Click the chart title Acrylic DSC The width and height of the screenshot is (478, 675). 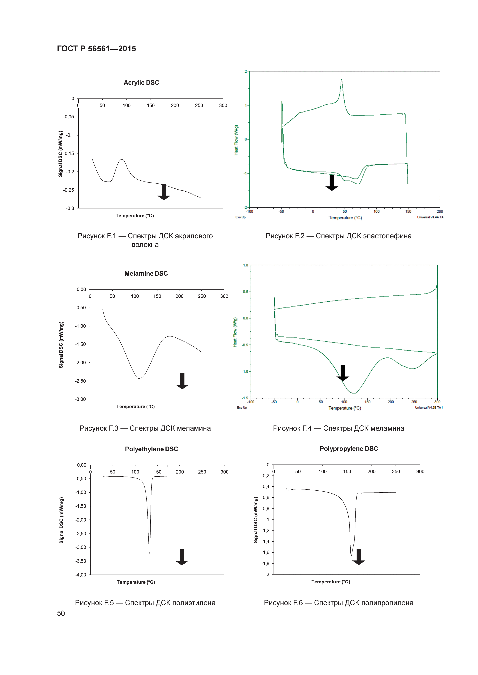coord(141,83)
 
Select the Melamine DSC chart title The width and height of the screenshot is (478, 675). coord(146,274)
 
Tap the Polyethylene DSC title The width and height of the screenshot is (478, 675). coord(151,449)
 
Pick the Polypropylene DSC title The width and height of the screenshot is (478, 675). coord(349,449)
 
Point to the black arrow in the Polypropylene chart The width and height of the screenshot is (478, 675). coord(358,556)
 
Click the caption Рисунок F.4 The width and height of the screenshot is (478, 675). coord(338,428)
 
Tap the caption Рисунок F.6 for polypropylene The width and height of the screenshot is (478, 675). coord(338,603)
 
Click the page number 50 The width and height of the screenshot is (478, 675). coord(61,613)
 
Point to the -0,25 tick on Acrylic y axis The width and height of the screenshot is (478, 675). coord(69,190)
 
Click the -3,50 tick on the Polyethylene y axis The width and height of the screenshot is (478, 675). coord(81,561)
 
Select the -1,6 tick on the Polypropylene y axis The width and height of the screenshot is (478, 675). coord(265,552)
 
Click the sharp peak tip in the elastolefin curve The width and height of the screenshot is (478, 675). coord(341,79)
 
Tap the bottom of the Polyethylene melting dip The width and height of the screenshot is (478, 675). coord(150,553)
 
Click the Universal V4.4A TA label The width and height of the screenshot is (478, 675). coord(430,217)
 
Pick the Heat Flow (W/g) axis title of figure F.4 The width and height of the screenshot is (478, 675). coord(235,332)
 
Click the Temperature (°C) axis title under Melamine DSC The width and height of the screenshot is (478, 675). coord(135,407)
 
